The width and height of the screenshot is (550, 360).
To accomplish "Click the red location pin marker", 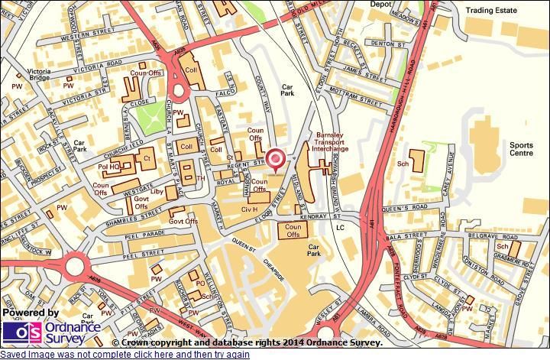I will (x=276, y=158).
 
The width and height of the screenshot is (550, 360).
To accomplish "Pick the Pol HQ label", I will (x=108, y=167).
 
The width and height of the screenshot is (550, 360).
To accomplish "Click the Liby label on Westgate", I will (x=157, y=191).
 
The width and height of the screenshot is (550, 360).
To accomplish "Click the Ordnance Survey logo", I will (x=51, y=332).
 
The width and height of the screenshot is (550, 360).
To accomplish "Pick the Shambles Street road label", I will (x=114, y=216).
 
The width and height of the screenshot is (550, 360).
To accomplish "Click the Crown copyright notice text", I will (x=247, y=343).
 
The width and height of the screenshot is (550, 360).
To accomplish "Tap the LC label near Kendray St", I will (x=340, y=228).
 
